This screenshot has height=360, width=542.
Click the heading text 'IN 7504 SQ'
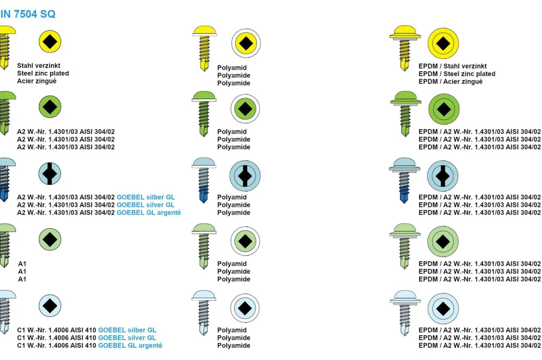click(x=28, y=14)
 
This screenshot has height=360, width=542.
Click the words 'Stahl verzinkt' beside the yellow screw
click(x=39, y=66)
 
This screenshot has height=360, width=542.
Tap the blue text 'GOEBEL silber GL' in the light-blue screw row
click(x=146, y=197)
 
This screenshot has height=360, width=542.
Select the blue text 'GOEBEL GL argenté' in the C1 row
click(x=130, y=346)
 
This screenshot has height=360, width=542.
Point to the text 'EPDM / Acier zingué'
click(x=450, y=81)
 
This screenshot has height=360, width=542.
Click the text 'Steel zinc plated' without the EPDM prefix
click(x=43, y=73)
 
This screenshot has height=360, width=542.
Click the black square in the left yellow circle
click(x=50, y=42)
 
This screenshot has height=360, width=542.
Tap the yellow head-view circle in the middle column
click(x=246, y=43)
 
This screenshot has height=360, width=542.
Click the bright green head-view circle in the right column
click(x=444, y=109)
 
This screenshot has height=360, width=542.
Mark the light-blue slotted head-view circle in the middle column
click(x=245, y=176)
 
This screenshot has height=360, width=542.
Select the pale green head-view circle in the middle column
click(x=245, y=241)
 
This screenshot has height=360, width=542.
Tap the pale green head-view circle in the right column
click(x=443, y=242)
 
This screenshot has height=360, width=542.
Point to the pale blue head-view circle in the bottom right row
click(x=443, y=308)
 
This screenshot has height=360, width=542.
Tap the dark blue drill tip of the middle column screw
click(x=204, y=195)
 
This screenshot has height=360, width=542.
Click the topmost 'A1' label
click(x=22, y=264)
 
